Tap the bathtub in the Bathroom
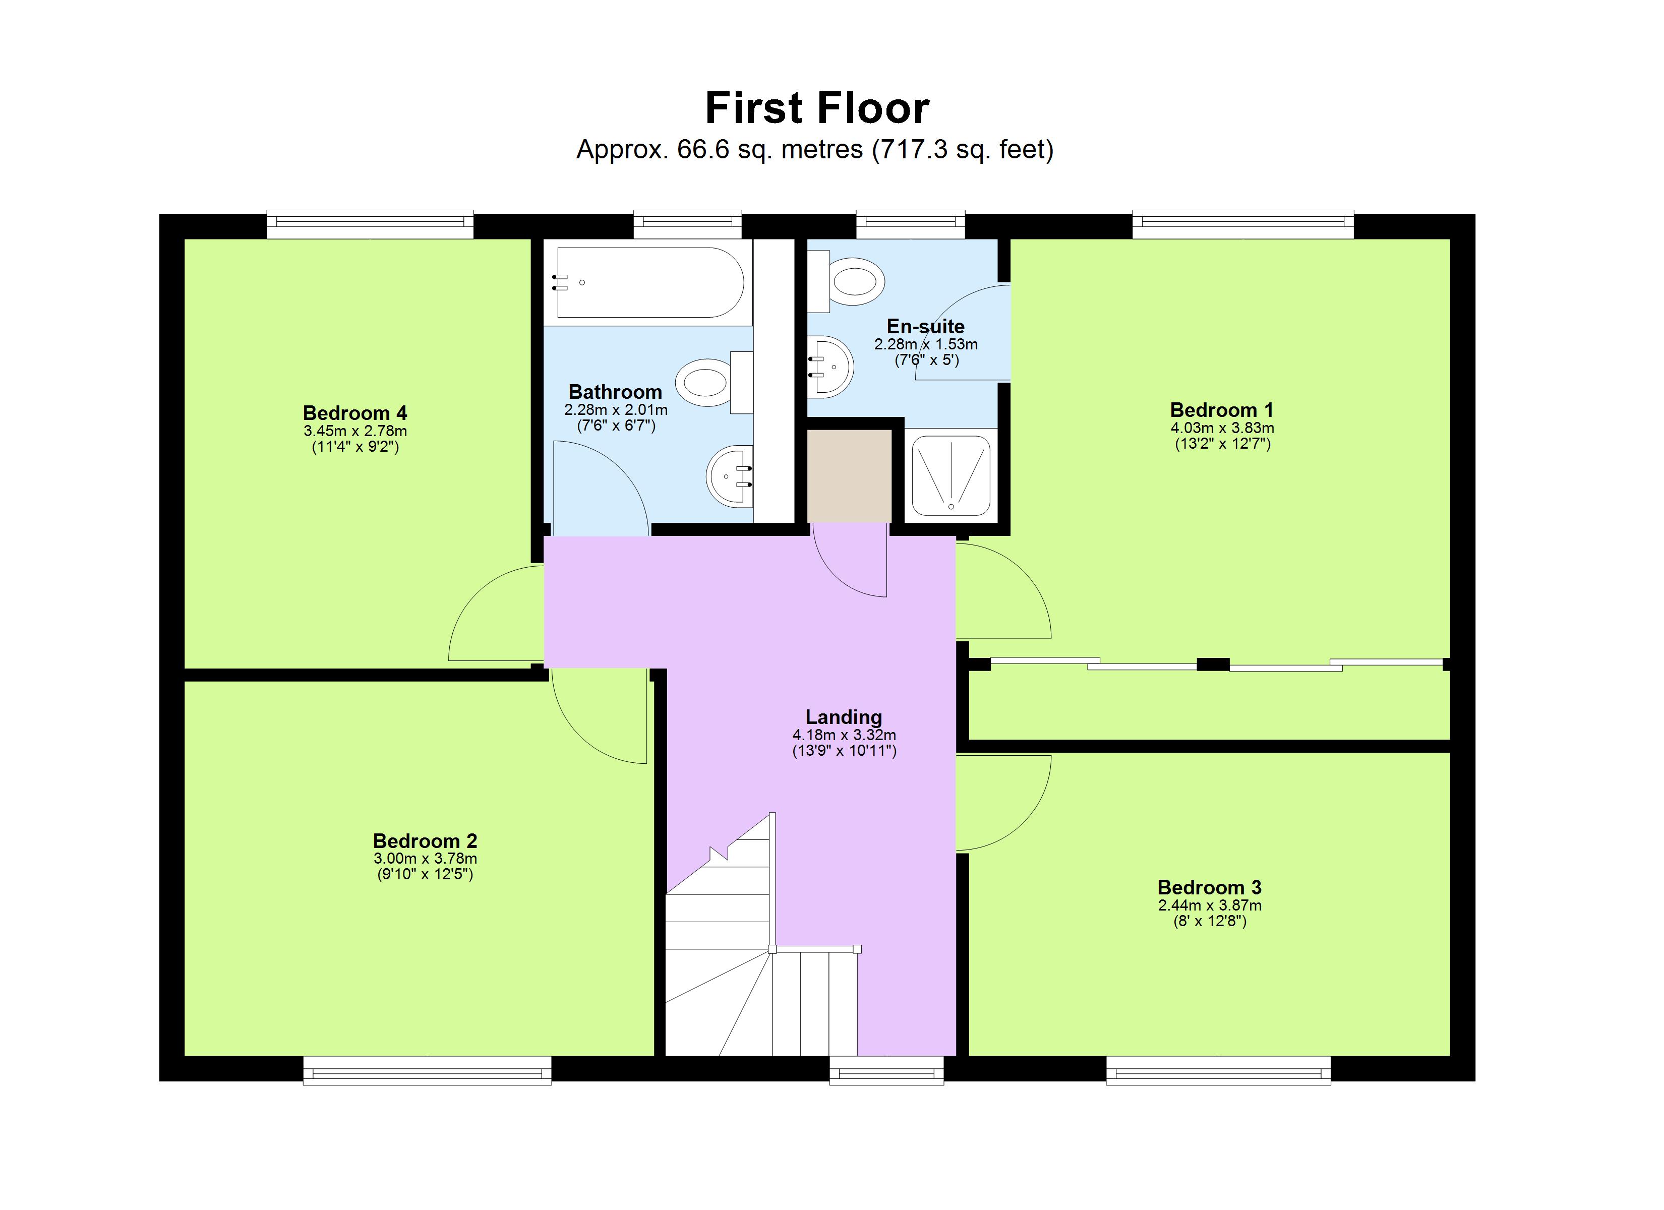[649, 282]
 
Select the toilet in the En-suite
[851, 281]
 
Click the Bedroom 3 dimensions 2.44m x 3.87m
[1209, 905]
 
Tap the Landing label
[843, 717]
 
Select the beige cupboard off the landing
[849, 475]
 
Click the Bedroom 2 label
[425, 841]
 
